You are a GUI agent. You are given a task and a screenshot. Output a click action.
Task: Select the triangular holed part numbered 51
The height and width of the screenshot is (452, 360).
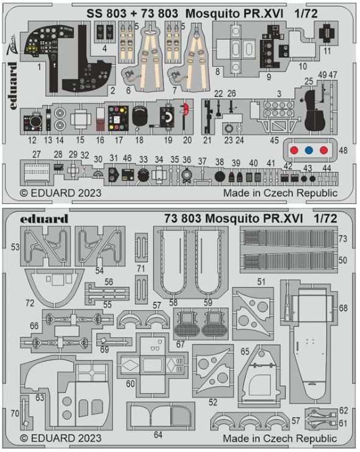(253, 312)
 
